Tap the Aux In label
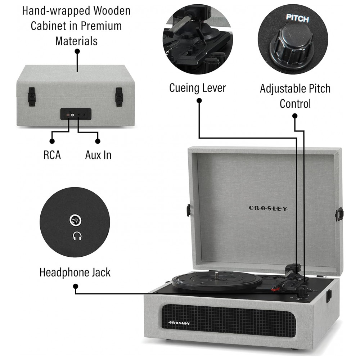tap(98, 155)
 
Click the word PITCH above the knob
tap(297, 18)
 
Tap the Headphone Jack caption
tap(75, 272)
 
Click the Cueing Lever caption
tap(198, 88)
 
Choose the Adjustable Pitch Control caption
tap(295, 96)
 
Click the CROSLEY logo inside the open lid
tap(268, 208)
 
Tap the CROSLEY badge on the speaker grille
tap(180, 323)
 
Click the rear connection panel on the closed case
tap(76, 114)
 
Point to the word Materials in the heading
tap(76, 41)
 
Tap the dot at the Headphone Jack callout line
tap(75, 287)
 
